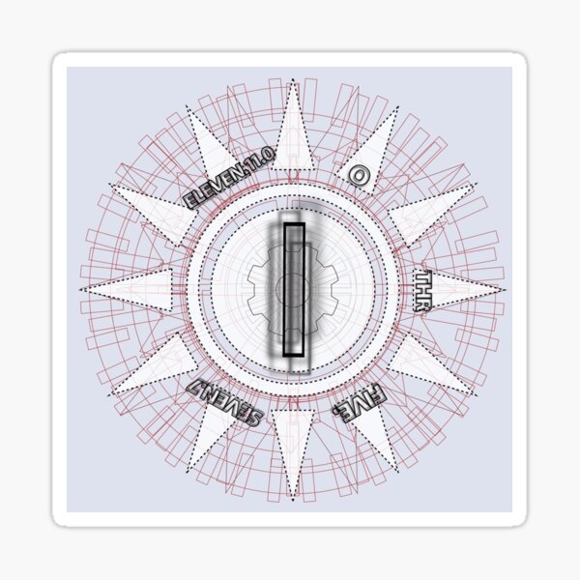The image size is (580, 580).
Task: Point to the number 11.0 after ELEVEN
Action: [x=258, y=159]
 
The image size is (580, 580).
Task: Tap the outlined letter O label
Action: [x=357, y=175]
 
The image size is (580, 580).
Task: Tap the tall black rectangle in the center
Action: [x=294, y=290]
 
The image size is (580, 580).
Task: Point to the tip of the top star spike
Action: [x=293, y=81]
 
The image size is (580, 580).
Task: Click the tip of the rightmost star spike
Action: [x=503, y=289]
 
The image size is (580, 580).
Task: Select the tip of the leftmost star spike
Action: [x=84, y=289]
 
